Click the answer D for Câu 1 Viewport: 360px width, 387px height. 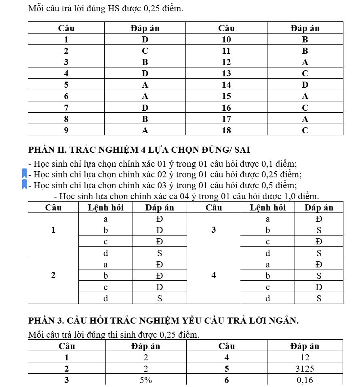(x=145, y=40)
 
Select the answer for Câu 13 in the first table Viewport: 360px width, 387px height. (x=305, y=74)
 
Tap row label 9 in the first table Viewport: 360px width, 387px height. (x=66, y=130)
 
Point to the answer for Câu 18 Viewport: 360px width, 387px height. (x=305, y=130)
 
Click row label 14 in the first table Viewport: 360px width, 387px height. (x=226, y=85)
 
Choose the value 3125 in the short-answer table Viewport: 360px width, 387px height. (x=305, y=369)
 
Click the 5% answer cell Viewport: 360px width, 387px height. (x=145, y=380)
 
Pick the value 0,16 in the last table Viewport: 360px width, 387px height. (x=305, y=380)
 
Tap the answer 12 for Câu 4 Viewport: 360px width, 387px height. (x=305, y=358)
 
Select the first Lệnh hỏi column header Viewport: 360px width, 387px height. (x=105, y=208)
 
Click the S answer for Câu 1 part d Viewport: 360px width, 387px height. (x=160, y=254)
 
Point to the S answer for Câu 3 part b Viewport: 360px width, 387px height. (x=319, y=231)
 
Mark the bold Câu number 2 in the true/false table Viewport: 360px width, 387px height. (x=53, y=276)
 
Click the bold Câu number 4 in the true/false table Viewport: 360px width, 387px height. (x=214, y=276)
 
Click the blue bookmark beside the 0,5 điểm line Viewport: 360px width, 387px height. (x=25, y=185)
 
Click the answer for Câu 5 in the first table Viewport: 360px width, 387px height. (x=145, y=85)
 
